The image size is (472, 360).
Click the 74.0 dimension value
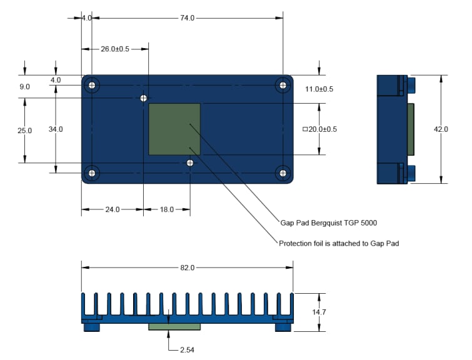coord(188,18)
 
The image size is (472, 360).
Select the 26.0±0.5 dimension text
coord(115,49)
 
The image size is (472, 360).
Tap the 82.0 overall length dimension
coord(188,267)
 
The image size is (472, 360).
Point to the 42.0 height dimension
coord(441,129)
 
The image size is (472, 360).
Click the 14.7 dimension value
coord(319,312)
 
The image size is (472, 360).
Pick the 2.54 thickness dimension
coord(186,350)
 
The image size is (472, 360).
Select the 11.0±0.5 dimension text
coord(319,89)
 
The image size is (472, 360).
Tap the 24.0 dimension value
coord(111,210)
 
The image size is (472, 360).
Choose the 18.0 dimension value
coord(167,210)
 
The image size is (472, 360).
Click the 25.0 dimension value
coord(24,131)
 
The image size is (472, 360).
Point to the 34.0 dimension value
coord(56,129)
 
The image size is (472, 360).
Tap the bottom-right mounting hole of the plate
coord(283,172)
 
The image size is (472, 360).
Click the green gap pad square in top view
coord(174,129)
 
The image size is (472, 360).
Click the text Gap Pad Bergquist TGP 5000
coord(328,222)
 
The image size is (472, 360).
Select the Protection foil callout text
coord(338,243)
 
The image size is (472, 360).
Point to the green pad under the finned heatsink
coord(174,326)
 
